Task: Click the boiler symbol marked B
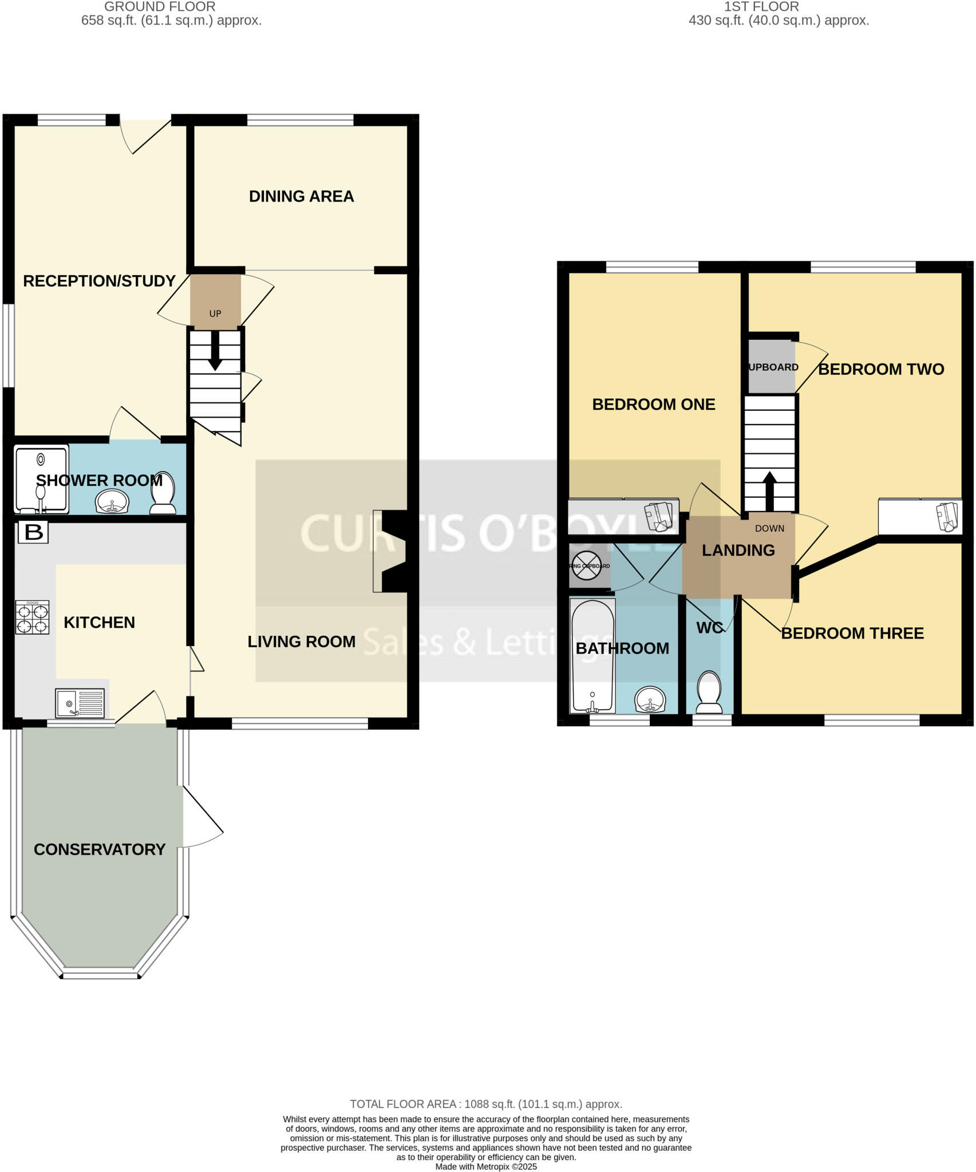33,532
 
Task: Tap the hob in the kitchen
32,617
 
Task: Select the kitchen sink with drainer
80,703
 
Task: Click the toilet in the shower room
163,493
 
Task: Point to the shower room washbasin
113,502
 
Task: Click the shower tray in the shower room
41,478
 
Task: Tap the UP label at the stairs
215,314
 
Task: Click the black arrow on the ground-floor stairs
215,350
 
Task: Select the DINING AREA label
301,196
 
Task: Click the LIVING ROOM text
301,642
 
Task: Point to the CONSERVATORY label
100,849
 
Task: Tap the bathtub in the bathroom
592,656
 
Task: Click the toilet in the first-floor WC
709,692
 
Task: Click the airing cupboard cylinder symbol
587,565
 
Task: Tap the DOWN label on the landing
769,528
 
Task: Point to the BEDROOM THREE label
852,633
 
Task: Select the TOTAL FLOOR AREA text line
486,1104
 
